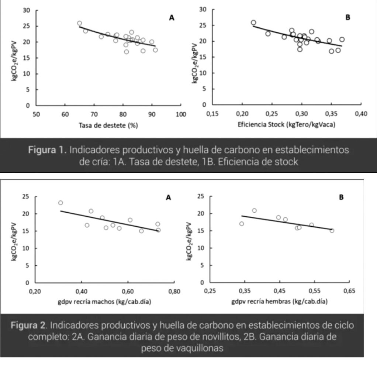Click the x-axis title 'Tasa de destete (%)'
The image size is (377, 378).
108,125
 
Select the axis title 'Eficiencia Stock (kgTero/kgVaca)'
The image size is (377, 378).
286,125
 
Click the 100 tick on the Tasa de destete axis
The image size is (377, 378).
181,114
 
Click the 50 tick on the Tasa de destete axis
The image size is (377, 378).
36,114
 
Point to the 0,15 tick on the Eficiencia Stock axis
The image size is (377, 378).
212,114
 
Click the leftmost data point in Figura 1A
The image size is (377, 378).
79,23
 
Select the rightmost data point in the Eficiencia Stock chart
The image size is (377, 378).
342,39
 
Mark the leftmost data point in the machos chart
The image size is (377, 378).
60,203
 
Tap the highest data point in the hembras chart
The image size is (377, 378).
254,210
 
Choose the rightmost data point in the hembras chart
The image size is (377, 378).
332,231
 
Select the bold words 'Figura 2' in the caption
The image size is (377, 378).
28,326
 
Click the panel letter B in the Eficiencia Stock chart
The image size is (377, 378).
347,17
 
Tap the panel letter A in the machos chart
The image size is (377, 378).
168,197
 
